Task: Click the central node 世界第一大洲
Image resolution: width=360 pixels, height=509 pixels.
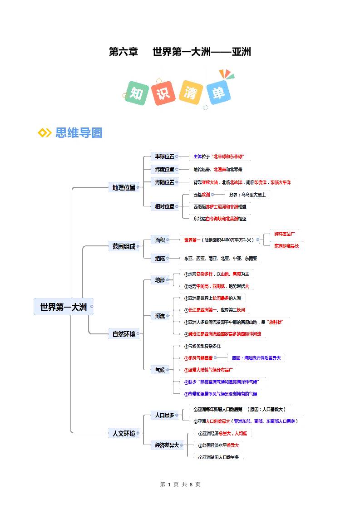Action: pos(63,307)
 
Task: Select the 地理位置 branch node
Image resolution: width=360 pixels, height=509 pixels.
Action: pos(123,187)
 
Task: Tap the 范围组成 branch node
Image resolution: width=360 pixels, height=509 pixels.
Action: pos(123,247)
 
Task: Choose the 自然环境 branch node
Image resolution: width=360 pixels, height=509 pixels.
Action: pos(123,334)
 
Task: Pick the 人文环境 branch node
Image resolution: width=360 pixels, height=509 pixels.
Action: pos(123,433)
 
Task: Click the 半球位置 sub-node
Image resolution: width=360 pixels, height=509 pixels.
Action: pos(164,157)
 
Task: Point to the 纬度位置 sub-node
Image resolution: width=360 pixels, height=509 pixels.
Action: pos(164,169)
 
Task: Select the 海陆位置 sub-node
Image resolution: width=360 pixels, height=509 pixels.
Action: pos(164,182)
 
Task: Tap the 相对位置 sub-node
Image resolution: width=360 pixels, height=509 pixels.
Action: pos(164,206)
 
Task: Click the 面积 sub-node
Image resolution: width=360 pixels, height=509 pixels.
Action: pos(160,240)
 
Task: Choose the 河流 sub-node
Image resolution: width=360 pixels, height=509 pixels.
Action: pos(160,316)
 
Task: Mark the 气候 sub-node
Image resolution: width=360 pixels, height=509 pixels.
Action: pos(160,370)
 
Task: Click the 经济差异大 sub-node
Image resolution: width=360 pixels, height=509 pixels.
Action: pos(167,445)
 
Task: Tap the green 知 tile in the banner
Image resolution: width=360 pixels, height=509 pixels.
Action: pos(137,93)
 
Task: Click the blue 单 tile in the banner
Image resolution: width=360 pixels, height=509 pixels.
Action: pos(218,93)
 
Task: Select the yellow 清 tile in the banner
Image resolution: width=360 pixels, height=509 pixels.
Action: pos(191,92)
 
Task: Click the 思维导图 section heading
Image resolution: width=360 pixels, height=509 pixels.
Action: pos(79,133)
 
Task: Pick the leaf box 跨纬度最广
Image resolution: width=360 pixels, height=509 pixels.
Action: pos(285,234)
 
